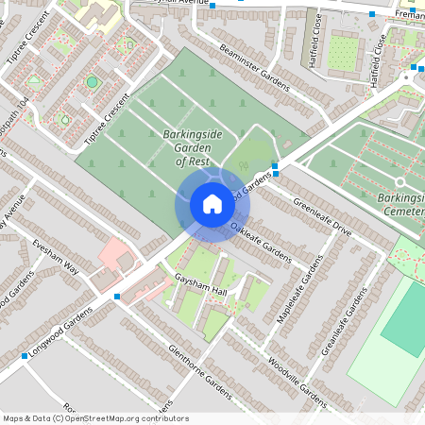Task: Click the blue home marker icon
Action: point(212,204)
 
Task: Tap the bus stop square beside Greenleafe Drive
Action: point(275,166)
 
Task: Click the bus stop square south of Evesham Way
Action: point(117,297)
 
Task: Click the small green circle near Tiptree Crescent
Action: point(92,82)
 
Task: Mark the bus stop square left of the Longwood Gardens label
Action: point(24,356)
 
